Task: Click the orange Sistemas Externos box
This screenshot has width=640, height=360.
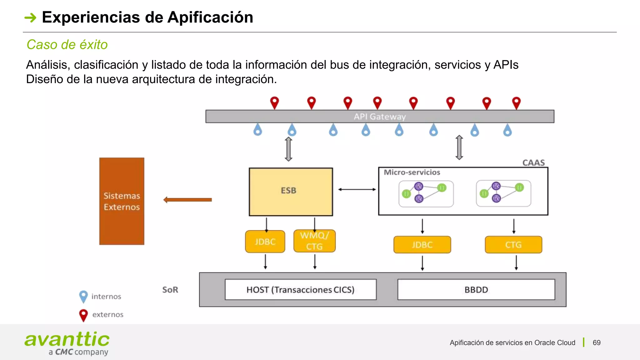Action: [x=122, y=201]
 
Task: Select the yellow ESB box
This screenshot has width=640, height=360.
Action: [x=291, y=192]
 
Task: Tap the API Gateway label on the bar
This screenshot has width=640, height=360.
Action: [x=380, y=117]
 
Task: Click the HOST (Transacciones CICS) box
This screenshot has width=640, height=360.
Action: [x=300, y=290]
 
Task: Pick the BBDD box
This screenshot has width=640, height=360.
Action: [x=476, y=290]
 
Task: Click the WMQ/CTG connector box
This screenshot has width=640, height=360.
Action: [x=314, y=241]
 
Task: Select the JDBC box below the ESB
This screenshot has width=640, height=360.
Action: [x=265, y=242]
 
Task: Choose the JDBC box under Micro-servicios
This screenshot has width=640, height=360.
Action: [x=422, y=245]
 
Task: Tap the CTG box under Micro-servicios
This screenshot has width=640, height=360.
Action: [x=513, y=245]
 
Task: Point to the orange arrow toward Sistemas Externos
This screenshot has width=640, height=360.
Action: [x=187, y=200]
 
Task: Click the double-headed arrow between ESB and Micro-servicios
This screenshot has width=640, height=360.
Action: [x=357, y=189]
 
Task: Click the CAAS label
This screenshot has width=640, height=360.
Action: [x=533, y=162]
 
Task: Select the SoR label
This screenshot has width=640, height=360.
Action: [x=170, y=290]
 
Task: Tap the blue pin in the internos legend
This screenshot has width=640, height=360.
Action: [x=83, y=296]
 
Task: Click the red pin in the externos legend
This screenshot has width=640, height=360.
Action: [x=83, y=315]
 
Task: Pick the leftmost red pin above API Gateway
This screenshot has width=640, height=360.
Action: [x=274, y=102]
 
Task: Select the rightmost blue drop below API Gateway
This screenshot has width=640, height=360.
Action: [x=507, y=130]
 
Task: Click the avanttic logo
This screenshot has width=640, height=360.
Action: [x=67, y=343]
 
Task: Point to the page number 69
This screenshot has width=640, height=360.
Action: [x=597, y=342]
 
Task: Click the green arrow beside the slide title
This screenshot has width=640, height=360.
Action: [x=30, y=17]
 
